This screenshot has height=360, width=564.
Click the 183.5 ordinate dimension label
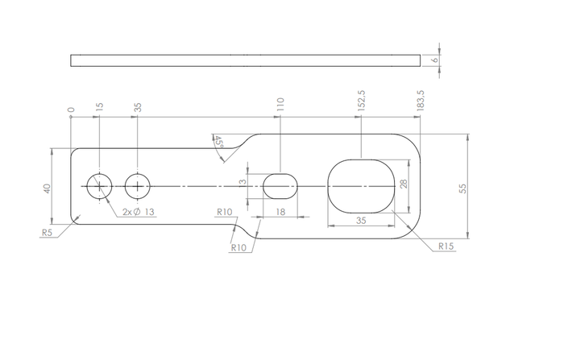(421, 100)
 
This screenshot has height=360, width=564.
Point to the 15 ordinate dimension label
(99, 106)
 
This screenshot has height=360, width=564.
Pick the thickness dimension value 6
(433, 60)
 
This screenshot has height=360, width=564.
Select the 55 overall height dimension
(462, 187)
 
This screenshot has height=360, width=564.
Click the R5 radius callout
(48, 232)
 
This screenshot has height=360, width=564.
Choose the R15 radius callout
(446, 246)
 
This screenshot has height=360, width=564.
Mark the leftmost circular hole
(99, 186)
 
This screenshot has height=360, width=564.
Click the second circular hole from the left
(137, 186)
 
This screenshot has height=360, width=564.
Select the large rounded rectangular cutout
(361, 186)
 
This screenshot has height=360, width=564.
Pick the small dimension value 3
(242, 182)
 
